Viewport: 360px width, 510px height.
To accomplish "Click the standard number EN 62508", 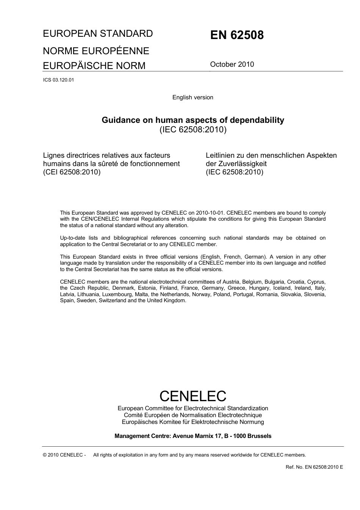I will (x=237, y=35).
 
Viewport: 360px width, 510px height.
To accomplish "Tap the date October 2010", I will (x=232, y=64).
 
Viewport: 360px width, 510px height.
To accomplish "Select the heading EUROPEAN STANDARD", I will (x=98, y=34).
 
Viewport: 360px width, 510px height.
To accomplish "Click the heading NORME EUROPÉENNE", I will (x=96, y=51).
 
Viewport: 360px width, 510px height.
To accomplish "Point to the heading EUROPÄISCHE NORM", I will (x=94, y=66).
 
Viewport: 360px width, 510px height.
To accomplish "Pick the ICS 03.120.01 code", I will (x=58, y=80).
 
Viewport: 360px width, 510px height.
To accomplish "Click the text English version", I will (x=193, y=97).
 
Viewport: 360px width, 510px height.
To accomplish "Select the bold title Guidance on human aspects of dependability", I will (x=193, y=120).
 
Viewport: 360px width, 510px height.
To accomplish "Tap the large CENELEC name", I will (x=193, y=396).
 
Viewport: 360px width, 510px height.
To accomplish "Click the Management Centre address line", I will (x=193, y=436).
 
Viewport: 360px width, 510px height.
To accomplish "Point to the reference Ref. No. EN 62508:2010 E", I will (x=314, y=467).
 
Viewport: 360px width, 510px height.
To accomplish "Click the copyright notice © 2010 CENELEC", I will (x=64, y=455).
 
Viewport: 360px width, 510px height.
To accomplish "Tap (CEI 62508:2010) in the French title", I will (x=72, y=172).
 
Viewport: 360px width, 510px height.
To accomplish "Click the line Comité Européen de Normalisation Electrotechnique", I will (x=193, y=415).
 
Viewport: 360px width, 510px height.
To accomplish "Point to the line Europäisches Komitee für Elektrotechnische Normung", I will (x=193, y=422).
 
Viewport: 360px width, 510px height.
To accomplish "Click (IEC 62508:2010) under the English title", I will (x=193, y=130).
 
